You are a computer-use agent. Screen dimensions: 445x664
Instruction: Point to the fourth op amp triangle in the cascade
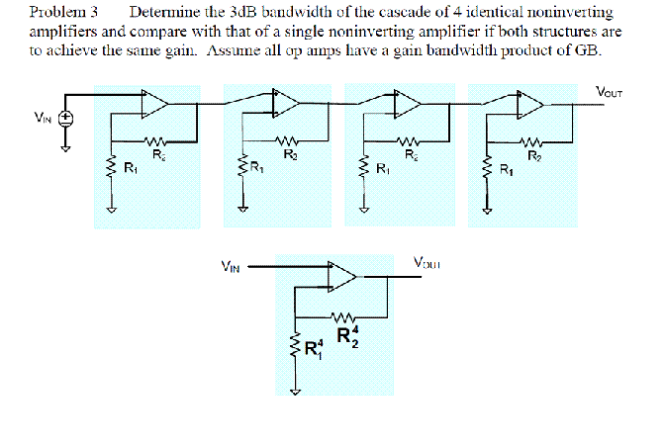[x=530, y=102]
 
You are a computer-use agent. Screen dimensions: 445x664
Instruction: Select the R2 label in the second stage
[x=289, y=154]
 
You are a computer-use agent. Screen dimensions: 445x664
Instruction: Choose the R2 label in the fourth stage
[x=534, y=154]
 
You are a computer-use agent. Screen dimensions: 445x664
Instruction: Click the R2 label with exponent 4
[x=347, y=335]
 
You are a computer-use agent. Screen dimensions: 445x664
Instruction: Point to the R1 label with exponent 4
[x=313, y=348]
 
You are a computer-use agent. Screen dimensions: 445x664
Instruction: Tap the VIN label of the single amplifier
[x=230, y=265]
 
